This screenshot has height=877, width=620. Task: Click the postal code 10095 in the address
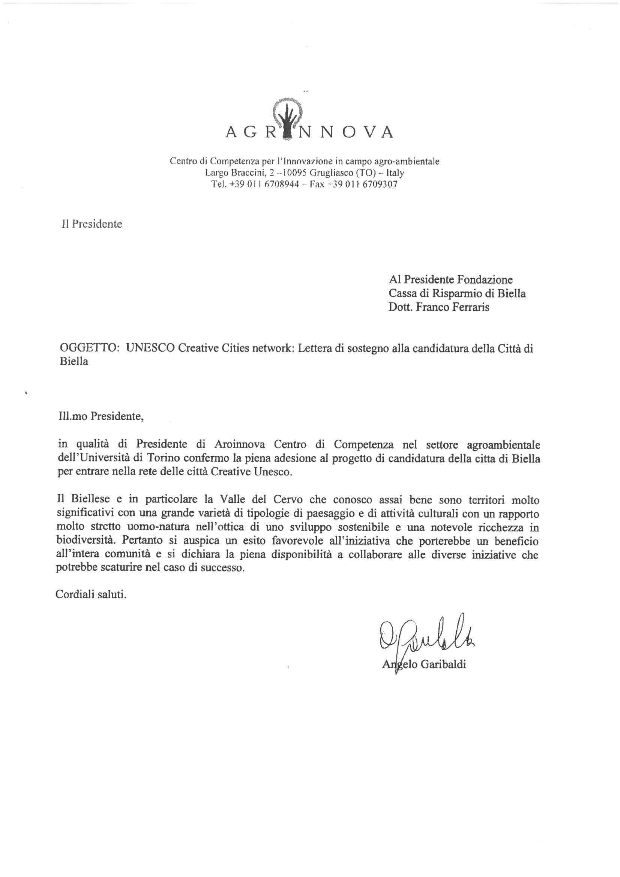(293, 173)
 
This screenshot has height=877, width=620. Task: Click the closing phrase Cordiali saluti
(91, 595)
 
